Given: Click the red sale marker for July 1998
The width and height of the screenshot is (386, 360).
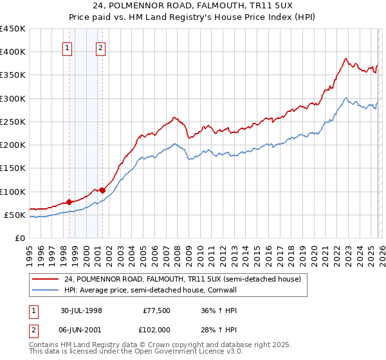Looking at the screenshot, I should click(69, 202).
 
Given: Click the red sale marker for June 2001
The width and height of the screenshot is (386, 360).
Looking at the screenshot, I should click(102, 190).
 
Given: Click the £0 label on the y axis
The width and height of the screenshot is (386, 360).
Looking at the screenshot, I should click(20, 239).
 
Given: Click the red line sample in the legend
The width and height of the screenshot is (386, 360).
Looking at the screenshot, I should click(45, 280).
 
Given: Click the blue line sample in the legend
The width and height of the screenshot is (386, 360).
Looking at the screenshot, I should click(45, 290).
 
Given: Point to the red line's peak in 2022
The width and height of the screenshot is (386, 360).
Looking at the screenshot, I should click(345, 59).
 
